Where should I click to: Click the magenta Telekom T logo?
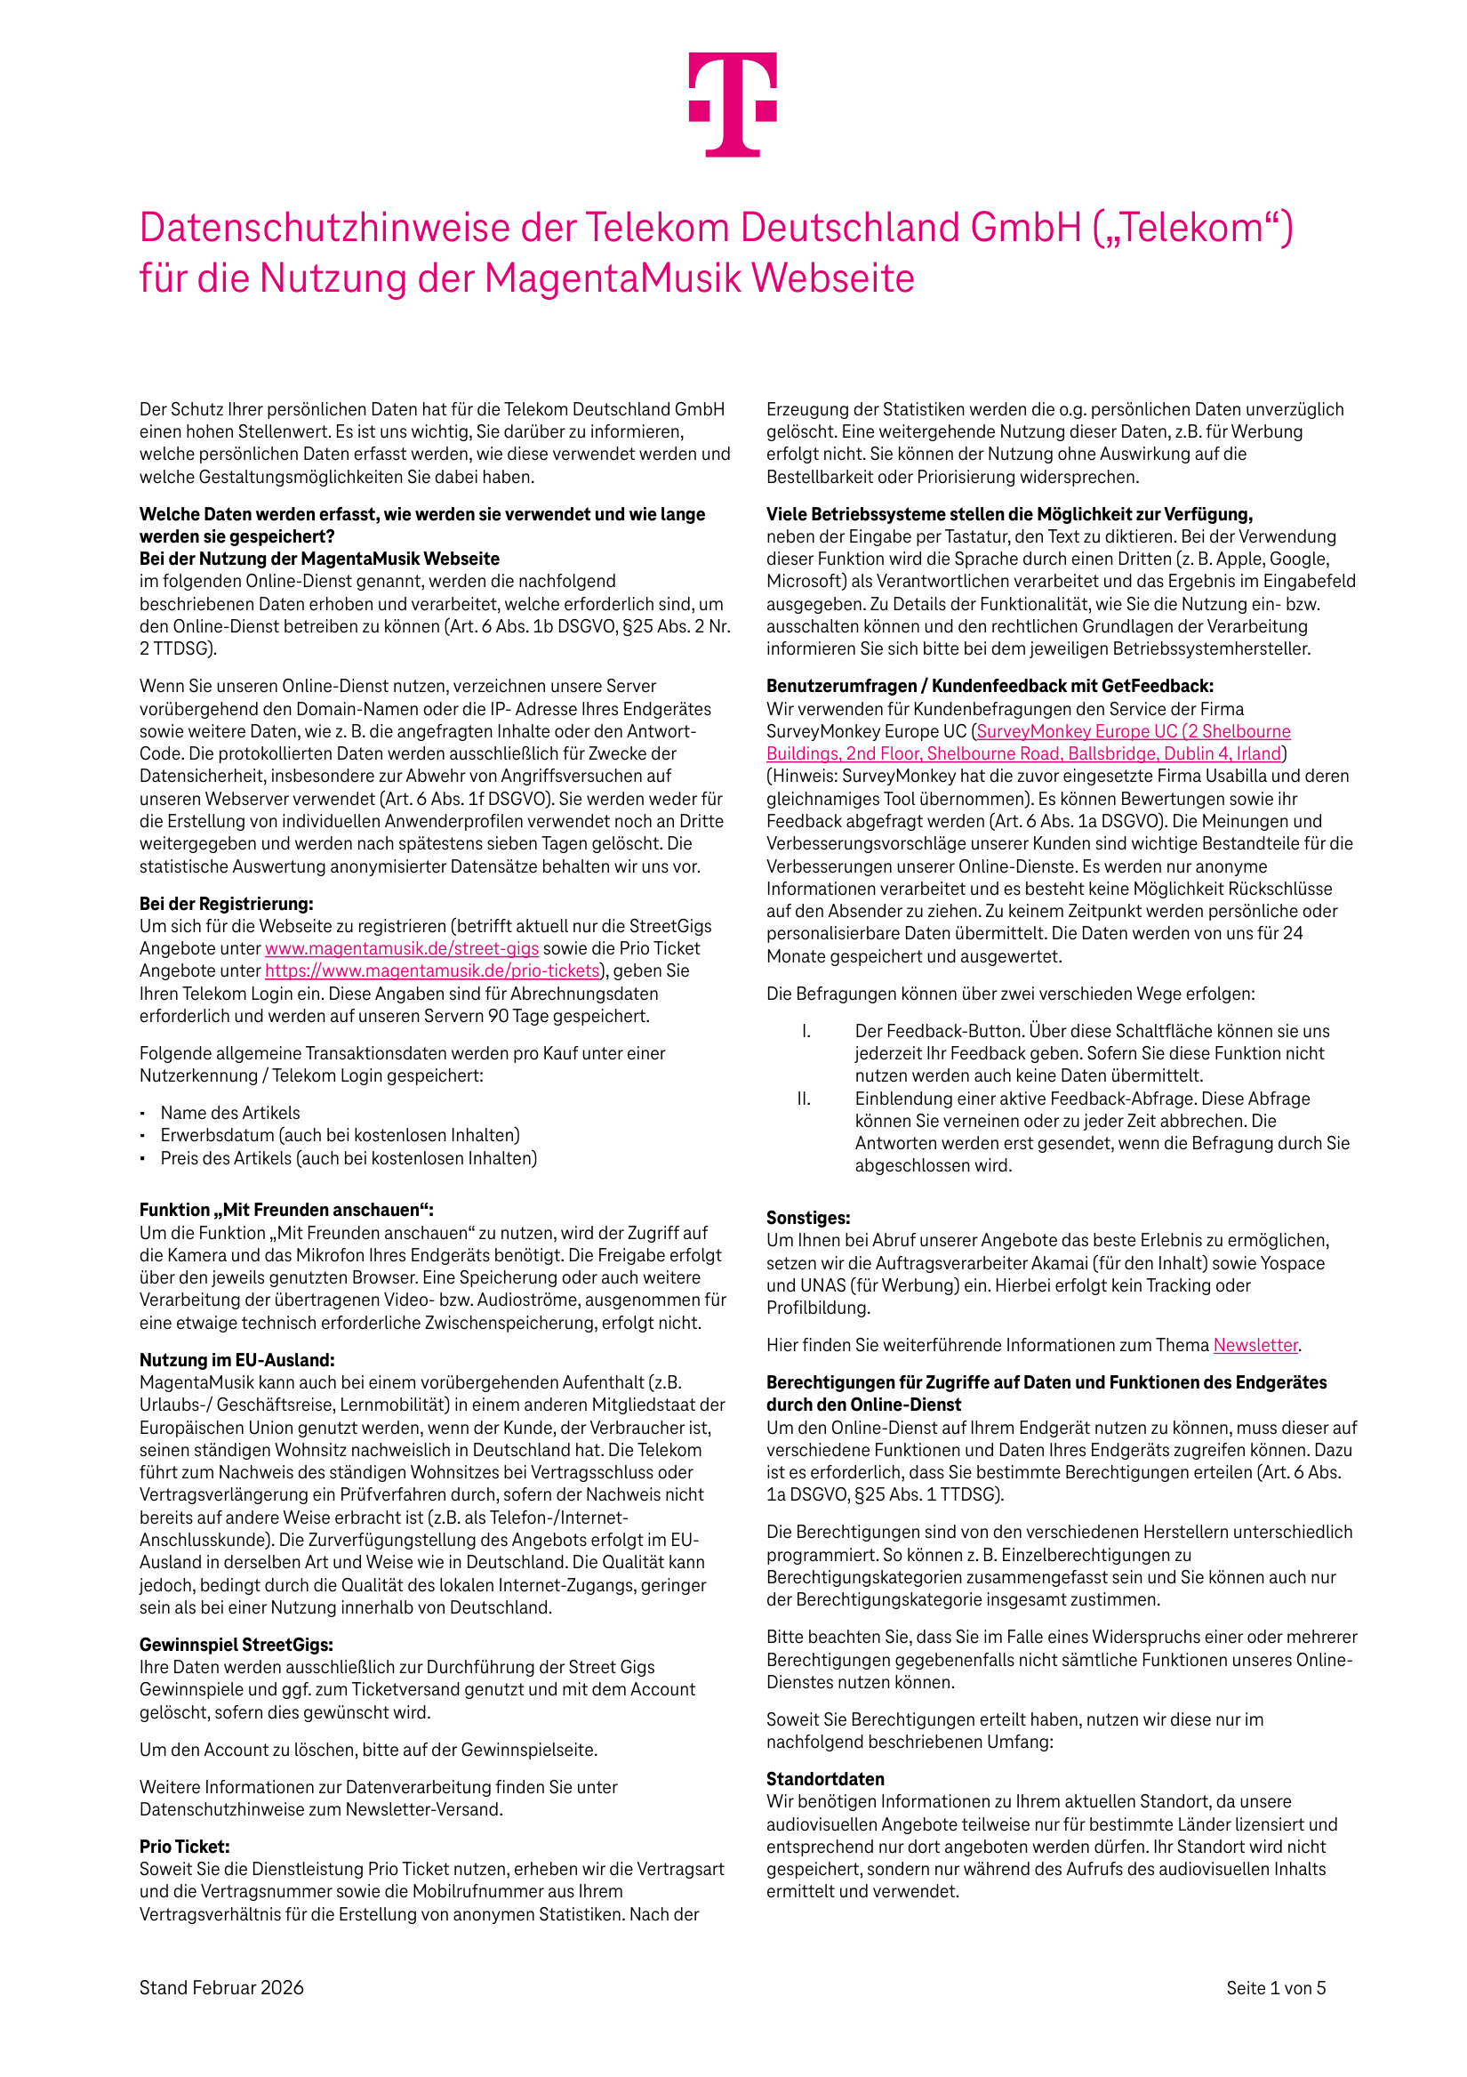pos(733,104)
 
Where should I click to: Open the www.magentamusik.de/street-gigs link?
pos(402,948)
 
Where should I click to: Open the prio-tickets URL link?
pos(432,970)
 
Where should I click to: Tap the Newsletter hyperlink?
pos(1255,1345)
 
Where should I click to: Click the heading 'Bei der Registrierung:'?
pos(226,904)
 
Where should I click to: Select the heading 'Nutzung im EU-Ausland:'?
pos(237,1361)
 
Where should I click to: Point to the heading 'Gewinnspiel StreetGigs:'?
pos(236,1645)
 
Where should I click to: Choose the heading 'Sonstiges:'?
pos(807,1218)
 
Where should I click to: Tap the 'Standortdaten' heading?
pos(825,1779)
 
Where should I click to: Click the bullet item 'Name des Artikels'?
pos(229,1113)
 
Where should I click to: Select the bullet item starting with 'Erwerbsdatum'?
pos(340,1135)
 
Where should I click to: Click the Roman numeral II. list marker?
pos(803,1099)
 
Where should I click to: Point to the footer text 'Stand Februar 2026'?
pos(221,1987)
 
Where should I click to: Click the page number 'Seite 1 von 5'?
pos(1275,1987)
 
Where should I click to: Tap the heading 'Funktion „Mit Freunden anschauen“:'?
pos(286,1211)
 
